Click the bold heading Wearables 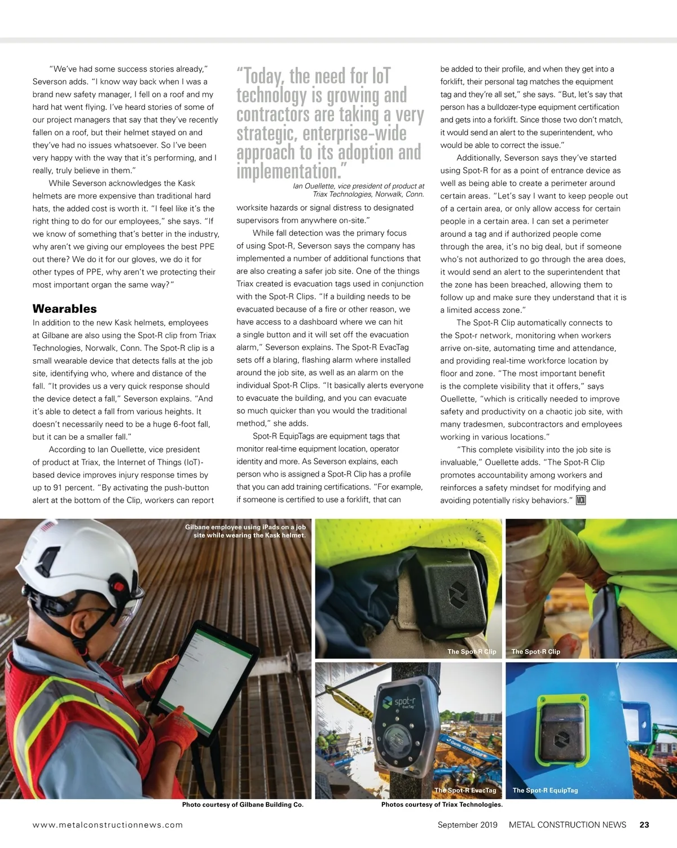point(65,309)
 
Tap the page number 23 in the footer point(644,825)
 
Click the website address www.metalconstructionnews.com point(108,825)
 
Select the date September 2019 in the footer point(468,825)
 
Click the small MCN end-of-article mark point(581,500)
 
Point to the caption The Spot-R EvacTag point(465,790)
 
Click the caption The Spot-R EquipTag point(545,790)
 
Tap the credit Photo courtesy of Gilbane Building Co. point(243,805)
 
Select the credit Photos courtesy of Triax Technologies point(442,805)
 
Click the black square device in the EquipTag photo point(562,731)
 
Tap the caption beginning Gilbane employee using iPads point(246,531)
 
